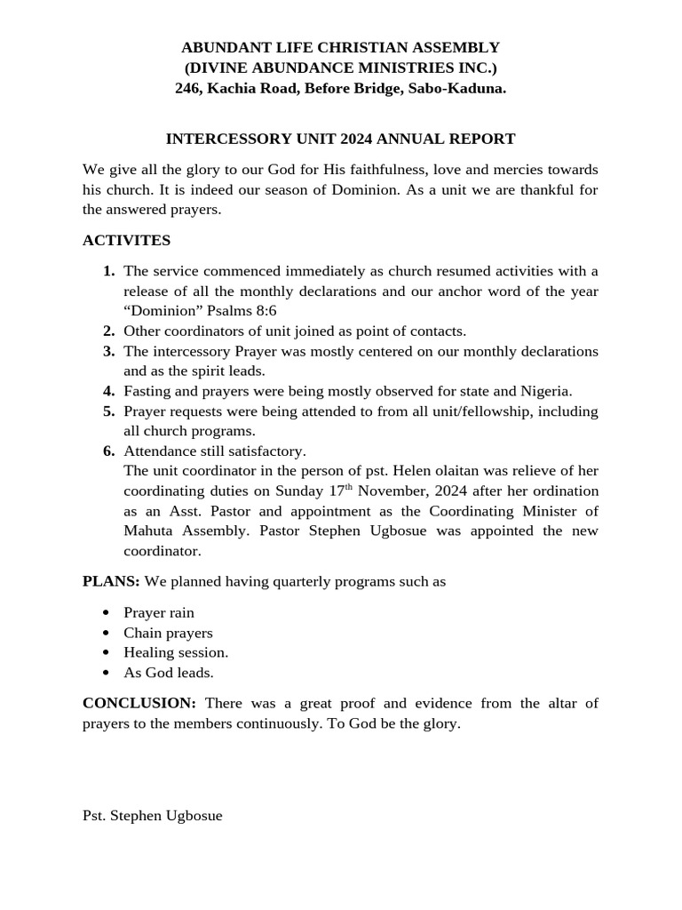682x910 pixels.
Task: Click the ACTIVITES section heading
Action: [x=126, y=240]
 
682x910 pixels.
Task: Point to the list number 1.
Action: [x=108, y=270]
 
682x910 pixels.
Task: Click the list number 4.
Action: [x=108, y=391]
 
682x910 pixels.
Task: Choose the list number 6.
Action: [x=108, y=451]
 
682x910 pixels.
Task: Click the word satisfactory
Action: [x=266, y=451]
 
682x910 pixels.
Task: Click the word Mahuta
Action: [x=149, y=531]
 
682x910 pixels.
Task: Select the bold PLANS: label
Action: [x=111, y=581]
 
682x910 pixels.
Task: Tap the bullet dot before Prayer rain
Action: [x=107, y=612]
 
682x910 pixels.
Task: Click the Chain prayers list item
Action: [x=168, y=633]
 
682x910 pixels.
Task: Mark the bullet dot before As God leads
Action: [x=107, y=673]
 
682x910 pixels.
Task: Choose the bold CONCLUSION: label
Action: [x=139, y=703]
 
